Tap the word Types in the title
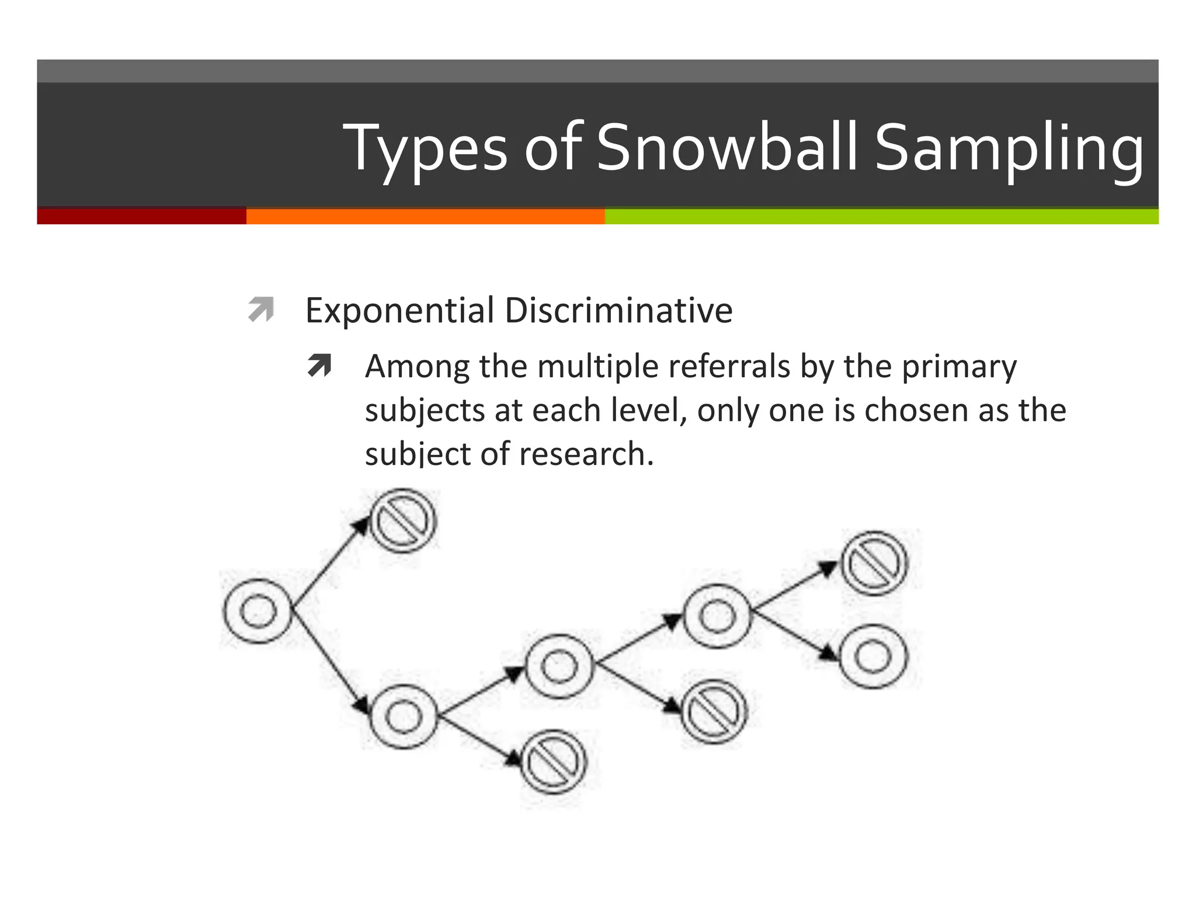425,149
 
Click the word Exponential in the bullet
399,310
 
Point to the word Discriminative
618,310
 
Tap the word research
586,454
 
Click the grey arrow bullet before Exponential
260,310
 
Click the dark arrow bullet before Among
319,366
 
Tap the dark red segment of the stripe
141,216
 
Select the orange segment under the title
425,216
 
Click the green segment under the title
881,216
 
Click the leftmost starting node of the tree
258,611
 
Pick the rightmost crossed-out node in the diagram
874,563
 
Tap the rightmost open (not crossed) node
874,656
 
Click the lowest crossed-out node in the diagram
553,762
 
